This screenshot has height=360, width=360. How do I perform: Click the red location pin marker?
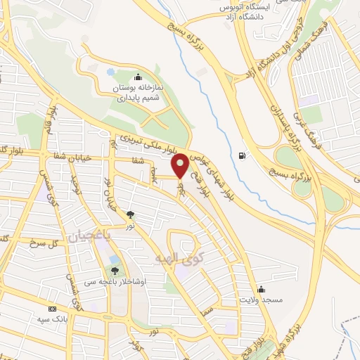pos(180,165)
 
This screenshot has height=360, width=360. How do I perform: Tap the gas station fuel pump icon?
pos(243,155)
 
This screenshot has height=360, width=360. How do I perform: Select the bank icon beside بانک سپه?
pos(52,309)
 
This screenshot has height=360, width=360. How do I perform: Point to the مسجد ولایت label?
pos(261,300)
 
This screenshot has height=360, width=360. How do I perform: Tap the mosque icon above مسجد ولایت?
pos(261,288)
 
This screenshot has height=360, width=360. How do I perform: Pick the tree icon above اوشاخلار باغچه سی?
pos(115,269)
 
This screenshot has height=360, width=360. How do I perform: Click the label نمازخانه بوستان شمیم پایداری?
pos(138,94)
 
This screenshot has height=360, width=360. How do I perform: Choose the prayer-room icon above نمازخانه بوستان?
pos(138,77)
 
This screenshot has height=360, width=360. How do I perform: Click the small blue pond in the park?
pos(110,72)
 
